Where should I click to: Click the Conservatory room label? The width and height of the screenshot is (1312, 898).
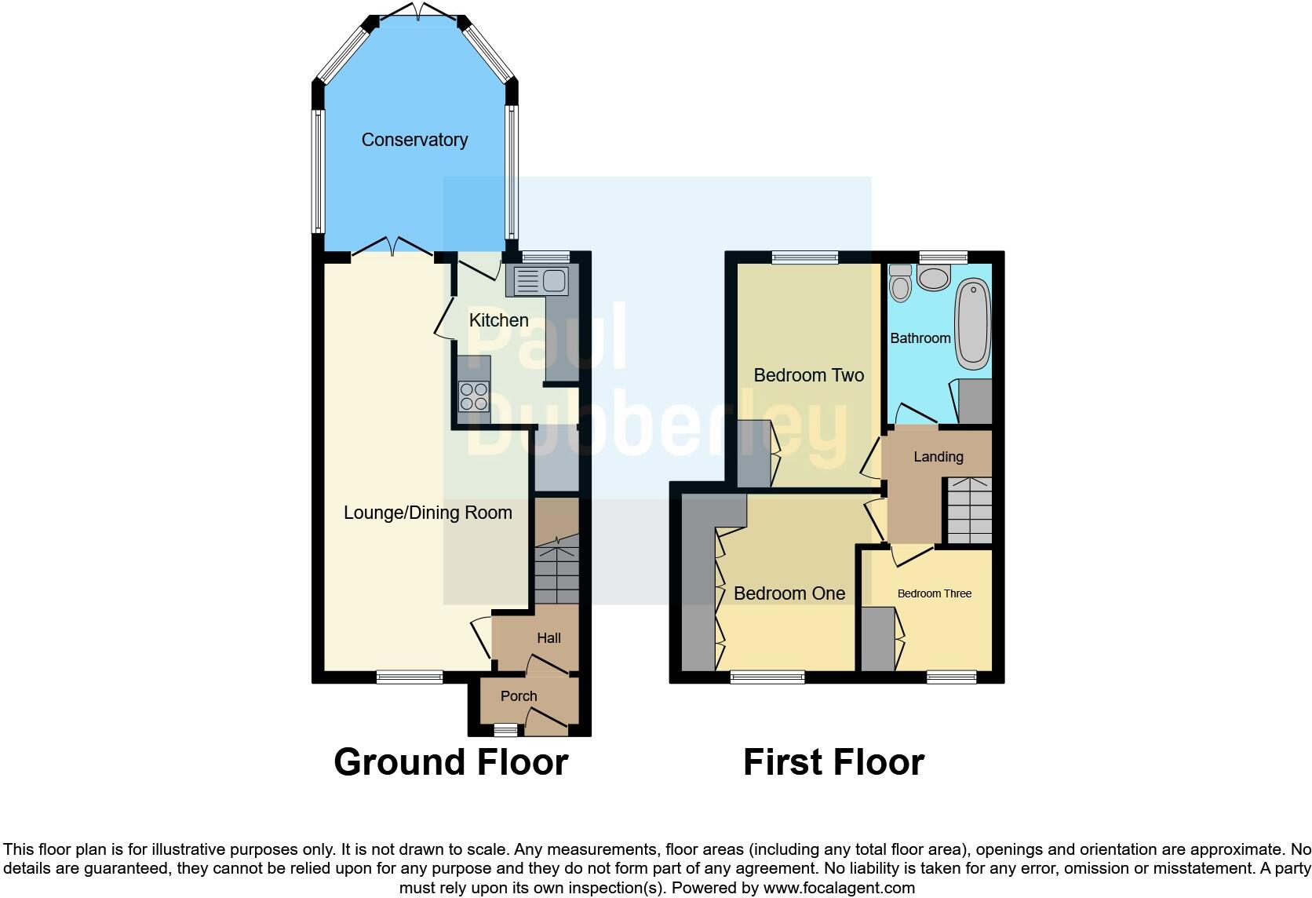(414, 140)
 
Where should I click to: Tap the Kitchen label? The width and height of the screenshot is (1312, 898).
(498, 320)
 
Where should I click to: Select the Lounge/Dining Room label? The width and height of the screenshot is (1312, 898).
(428, 513)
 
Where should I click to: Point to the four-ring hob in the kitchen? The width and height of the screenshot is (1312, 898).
(474, 396)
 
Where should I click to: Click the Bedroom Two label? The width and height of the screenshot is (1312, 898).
(808, 375)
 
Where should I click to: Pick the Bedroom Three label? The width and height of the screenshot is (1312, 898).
(935, 593)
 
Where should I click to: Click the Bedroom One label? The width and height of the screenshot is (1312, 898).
(789, 593)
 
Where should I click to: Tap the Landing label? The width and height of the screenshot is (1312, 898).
(938, 457)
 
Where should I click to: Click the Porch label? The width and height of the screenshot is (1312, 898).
(519, 696)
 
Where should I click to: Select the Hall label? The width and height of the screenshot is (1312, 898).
(548, 638)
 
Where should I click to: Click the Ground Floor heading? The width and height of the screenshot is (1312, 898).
(450, 762)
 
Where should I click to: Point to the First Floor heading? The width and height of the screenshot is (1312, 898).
(833, 762)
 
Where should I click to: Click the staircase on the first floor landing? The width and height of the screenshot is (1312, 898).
(968, 510)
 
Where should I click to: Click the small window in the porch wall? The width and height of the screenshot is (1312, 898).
(505, 731)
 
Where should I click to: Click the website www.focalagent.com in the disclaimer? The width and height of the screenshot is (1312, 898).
(839, 888)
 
